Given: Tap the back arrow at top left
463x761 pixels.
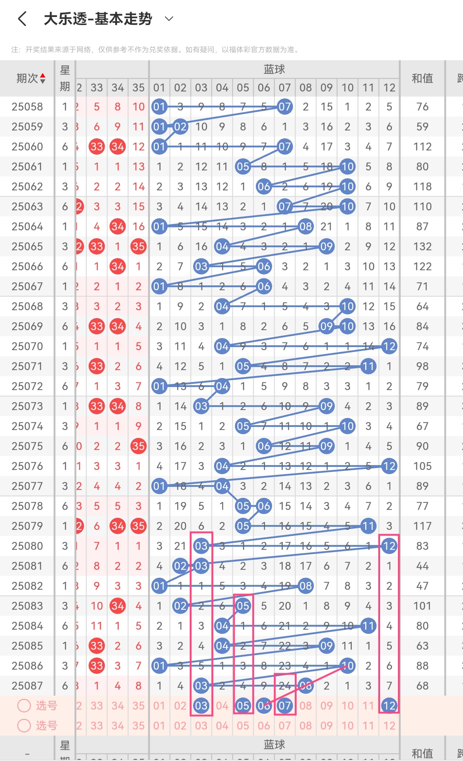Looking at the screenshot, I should tap(22, 19).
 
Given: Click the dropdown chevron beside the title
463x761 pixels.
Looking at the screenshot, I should tap(169, 19).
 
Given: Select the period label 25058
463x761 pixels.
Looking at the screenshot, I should tap(27, 107).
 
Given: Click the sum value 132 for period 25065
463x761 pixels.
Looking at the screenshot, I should tap(422, 247).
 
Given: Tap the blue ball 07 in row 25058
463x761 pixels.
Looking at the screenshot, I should tap(285, 107).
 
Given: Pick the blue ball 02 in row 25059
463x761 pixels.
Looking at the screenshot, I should tap(180, 127).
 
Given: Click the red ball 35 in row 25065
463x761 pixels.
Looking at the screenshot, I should tap(138, 247).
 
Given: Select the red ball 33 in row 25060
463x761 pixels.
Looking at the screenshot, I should tap(97, 147).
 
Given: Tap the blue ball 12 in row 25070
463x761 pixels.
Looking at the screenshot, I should tap(389, 346).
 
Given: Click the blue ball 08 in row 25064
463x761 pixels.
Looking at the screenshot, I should tap(306, 227).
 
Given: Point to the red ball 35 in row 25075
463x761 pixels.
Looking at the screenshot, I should tap(138, 446).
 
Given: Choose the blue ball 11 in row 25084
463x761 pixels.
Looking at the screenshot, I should tap(368, 626).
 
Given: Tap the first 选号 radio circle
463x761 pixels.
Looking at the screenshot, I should tap(24, 705).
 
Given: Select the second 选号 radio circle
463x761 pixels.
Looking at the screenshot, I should tap(24, 725).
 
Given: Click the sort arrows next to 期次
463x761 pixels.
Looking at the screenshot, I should tap(43, 78).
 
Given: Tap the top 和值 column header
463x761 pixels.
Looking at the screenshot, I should tap(422, 78).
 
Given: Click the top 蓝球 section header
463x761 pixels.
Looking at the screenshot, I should tap(274, 69).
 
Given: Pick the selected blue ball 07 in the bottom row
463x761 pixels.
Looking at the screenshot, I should tap(285, 705).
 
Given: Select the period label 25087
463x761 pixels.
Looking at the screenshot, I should tap(27, 686).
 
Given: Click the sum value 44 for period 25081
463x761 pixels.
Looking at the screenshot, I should tap(422, 566).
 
